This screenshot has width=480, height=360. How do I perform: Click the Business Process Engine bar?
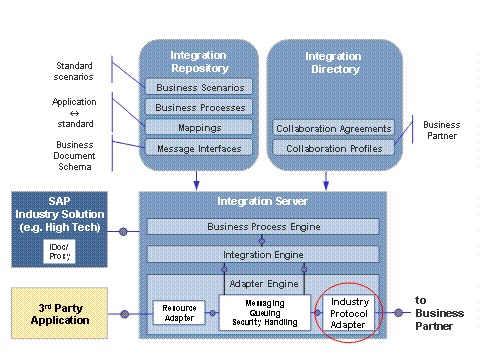click(x=263, y=227)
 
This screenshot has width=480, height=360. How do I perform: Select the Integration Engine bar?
click(x=263, y=254)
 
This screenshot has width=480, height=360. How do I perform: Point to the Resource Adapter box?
click(x=178, y=313)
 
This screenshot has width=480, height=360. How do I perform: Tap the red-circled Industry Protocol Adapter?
click(x=350, y=312)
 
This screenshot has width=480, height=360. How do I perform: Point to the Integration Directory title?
click(x=333, y=62)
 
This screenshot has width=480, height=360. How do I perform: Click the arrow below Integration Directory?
click(x=326, y=177)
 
